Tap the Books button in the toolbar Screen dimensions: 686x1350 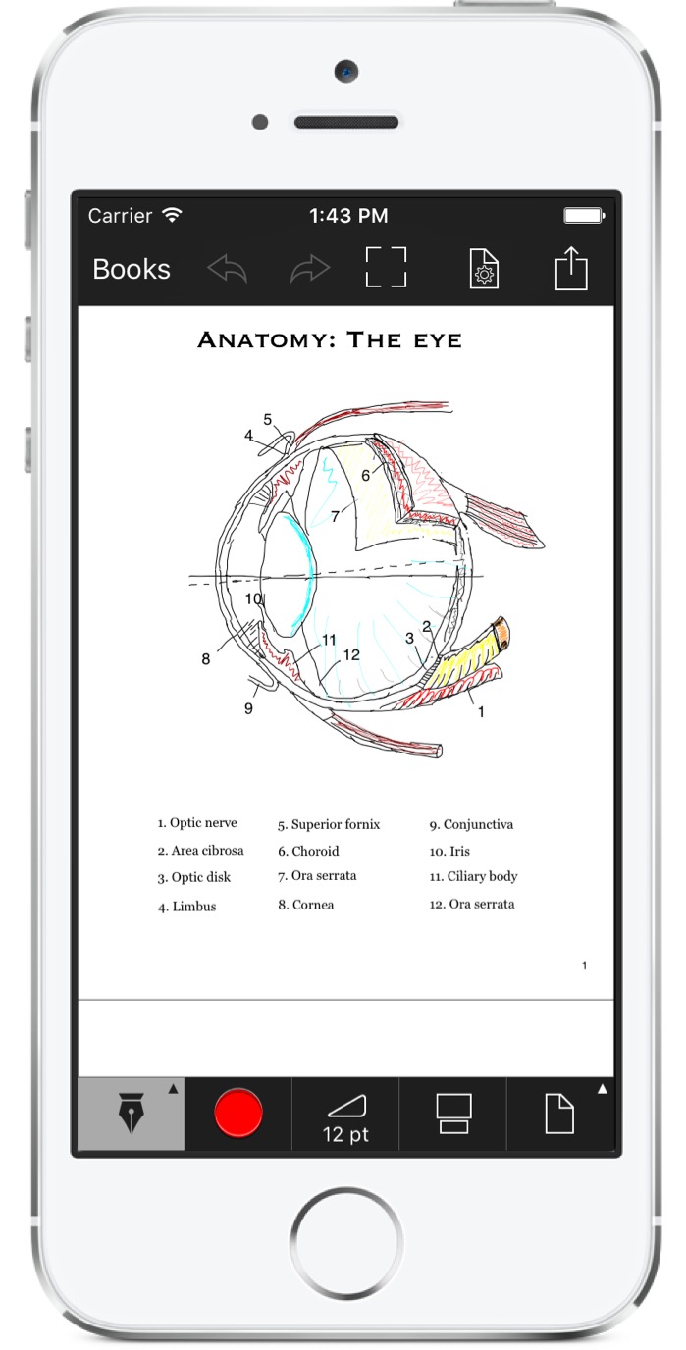click(x=132, y=269)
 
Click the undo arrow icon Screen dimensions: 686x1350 click(x=228, y=269)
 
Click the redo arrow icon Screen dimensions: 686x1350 click(x=310, y=269)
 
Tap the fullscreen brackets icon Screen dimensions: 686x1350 click(x=386, y=267)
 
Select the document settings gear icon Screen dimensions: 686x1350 click(x=484, y=268)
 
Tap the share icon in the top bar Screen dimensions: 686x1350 click(x=571, y=268)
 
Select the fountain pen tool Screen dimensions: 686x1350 click(x=132, y=1113)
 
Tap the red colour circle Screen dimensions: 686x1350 click(x=238, y=1113)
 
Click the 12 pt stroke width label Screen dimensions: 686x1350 click(x=345, y=1135)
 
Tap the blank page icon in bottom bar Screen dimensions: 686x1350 click(x=559, y=1114)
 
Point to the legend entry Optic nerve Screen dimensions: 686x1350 click(x=197, y=822)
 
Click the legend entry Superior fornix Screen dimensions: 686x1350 click(x=329, y=824)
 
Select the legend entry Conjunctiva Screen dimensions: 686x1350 click(x=471, y=824)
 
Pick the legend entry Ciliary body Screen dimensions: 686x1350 click(x=473, y=877)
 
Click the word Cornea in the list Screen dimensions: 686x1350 click(x=313, y=905)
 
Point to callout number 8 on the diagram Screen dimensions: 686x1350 click(x=205, y=659)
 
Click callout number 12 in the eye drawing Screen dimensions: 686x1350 click(x=351, y=654)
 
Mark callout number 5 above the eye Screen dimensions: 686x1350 click(x=268, y=419)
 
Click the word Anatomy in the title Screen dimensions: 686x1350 click(x=266, y=339)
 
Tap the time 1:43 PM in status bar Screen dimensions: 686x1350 click(x=348, y=216)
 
